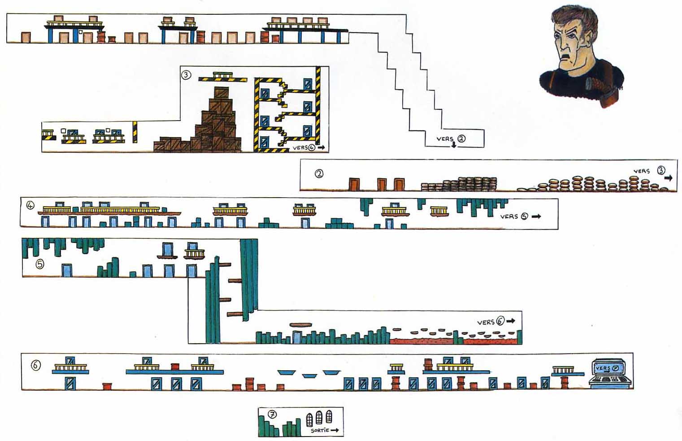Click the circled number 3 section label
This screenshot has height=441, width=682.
click(186, 74)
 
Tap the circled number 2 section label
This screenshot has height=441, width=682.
click(319, 173)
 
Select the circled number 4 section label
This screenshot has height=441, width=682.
click(30, 206)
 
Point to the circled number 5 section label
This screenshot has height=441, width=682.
click(40, 264)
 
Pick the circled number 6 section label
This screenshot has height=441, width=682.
click(35, 365)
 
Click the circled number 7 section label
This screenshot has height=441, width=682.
click(272, 415)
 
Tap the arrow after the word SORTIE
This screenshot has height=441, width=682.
click(334, 430)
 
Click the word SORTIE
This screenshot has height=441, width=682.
click(320, 430)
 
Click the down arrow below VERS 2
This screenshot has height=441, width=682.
click(454, 145)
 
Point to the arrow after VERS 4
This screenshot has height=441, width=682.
click(321, 147)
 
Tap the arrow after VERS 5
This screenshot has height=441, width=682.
click(536, 216)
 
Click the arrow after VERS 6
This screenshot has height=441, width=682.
click(511, 321)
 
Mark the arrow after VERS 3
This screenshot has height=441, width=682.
click(668, 178)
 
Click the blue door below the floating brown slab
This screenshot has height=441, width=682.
click(297, 337)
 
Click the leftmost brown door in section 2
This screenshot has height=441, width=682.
click(354, 184)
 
